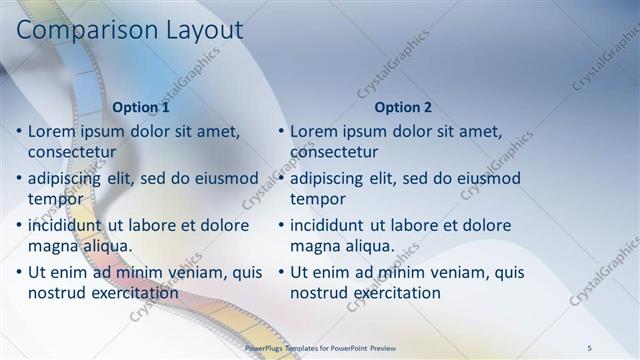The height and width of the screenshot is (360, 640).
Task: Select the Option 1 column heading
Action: coord(141,107)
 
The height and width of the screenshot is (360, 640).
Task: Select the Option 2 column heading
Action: coord(403,107)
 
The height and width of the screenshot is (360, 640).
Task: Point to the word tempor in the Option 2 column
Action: coord(317,199)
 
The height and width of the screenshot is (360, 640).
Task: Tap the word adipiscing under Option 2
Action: coord(332,178)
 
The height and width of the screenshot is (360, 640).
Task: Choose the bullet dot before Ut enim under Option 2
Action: coord(280,272)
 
